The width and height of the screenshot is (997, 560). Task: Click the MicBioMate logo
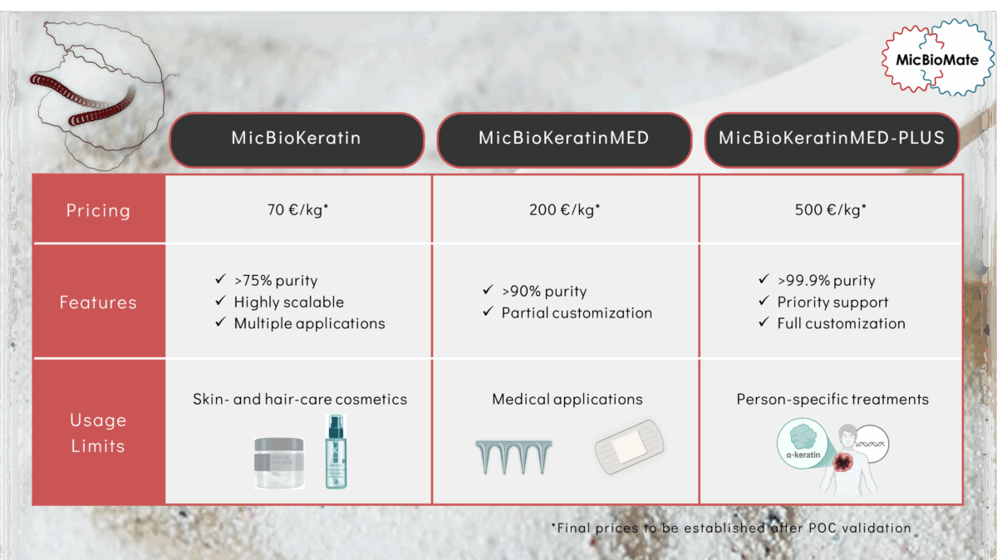pyautogui.click(x=937, y=58)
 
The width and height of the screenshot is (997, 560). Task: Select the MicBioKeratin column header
pyautogui.click(x=297, y=140)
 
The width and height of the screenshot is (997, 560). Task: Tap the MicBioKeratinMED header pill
pyautogui.click(x=564, y=140)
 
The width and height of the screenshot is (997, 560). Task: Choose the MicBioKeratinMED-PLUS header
pyautogui.click(x=832, y=140)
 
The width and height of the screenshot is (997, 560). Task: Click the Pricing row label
pyautogui.click(x=98, y=210)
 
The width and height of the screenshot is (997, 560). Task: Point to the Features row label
pyautogui.click(x=98, y=302)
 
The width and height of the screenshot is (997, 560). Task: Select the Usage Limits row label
pyautogui.click(x=98, y=433)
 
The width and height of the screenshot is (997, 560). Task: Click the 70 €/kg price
pyautogui.click(x=297, y=209)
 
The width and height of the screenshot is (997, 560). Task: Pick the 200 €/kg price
pyautogui.click(x=564, y=209)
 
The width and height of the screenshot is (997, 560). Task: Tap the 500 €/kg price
pyautogui.click(x=831, y=209)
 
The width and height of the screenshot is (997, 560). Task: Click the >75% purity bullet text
pyautogui.click(x=276, y=281)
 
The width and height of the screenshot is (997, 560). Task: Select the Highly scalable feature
pyautogui.click(x=289, y=302)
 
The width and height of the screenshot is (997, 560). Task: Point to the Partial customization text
pyautogui.click(x=577, y=313)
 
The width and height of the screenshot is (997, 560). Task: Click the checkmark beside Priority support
pyautogui.click(x=764, y=301)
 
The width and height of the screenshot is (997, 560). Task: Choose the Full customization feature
pyautogui.click(x=841, y=324)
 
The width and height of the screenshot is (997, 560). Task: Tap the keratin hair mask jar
pyautogui.click(x=279, y=463)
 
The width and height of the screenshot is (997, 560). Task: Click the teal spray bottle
pyautogui.click(x=336, y=452)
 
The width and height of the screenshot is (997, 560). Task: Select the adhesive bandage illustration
pyautogui.click(x=630, y=447)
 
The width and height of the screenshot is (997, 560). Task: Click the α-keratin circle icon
pyautogui.click(x=803, y=444)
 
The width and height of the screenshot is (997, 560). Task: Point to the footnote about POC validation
pyautogui.click(x=731, y=528)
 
